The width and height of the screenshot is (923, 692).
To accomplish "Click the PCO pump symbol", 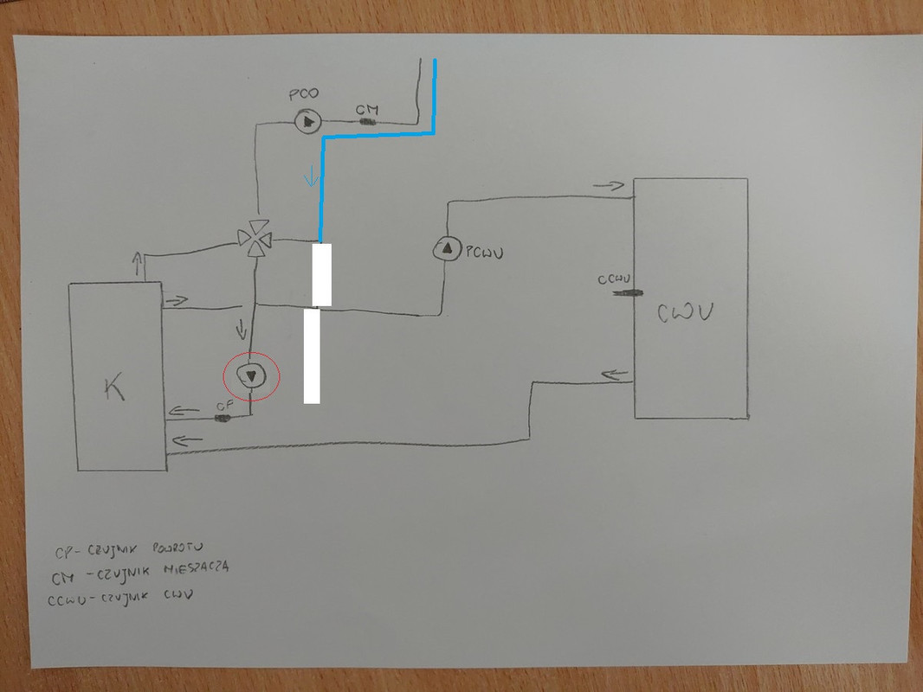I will pos(307,121).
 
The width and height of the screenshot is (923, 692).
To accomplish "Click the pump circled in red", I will pos(252,376).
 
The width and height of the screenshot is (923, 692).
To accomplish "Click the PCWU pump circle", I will pos(446,249).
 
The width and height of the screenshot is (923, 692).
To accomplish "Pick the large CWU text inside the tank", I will pos(691,311).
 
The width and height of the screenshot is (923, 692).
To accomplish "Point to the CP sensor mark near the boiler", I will pos(223,418).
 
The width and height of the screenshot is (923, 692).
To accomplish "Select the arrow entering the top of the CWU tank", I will pos(610,186).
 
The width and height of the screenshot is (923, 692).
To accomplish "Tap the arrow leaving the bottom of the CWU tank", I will pos(614,375).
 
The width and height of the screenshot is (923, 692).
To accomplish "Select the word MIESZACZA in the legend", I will pos(190,570).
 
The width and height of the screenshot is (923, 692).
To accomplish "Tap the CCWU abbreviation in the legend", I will pos(69,596).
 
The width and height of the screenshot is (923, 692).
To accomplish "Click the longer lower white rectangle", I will pos(312,356).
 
